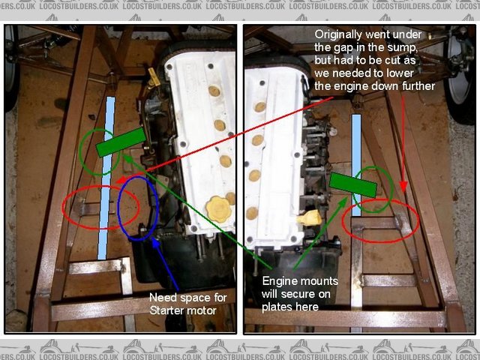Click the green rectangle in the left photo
click(121, 142)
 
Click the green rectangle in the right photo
click(353, 185)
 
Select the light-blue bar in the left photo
click(106, 178)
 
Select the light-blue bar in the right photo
click(356, 165)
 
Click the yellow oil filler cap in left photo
click(218, 209)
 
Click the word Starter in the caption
click(166, 310)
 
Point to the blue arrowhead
click(156, 243)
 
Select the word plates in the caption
click(275, 307)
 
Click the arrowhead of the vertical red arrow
click(403, 187)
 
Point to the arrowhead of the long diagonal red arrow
click(121, 180)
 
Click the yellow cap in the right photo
click(310, 218)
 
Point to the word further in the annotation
click(418, 86)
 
